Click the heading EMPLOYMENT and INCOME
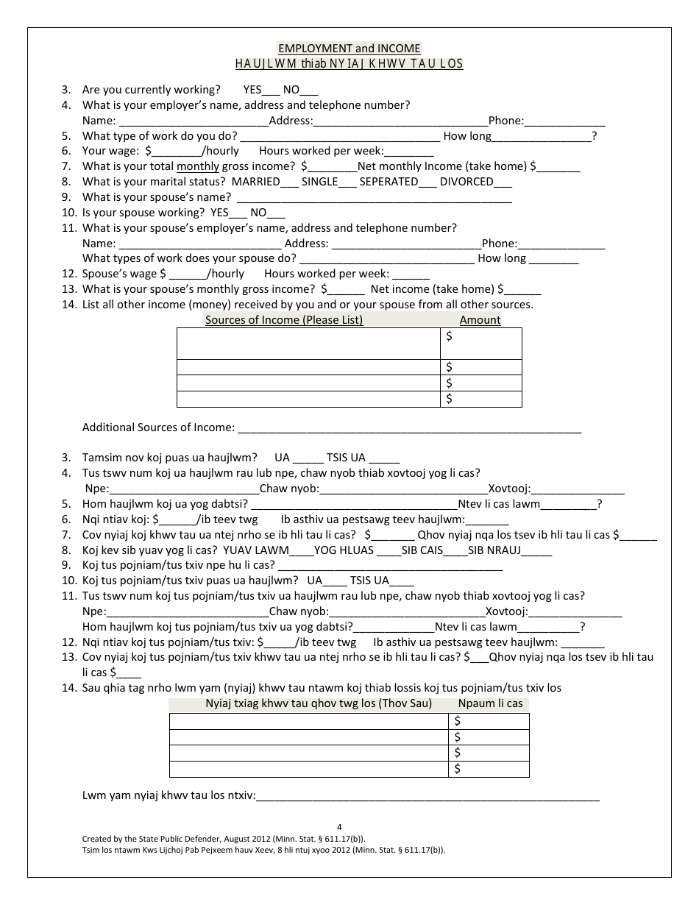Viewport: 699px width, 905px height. point(349,49)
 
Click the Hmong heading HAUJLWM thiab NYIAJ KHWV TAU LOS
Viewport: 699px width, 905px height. point(349,63)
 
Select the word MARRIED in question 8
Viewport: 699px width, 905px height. point(255,182)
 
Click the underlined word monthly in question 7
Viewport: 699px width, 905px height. point(198,166)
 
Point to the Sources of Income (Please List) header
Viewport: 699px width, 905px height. point(283,319)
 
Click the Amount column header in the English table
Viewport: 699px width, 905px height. point(480,319)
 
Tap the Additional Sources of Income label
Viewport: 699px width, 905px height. point(158,427)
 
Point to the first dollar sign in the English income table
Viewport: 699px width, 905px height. point(450,336)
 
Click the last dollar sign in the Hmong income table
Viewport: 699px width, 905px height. point(458,769)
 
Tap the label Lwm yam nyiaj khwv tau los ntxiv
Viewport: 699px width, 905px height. point(168,795)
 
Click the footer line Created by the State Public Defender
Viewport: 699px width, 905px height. point(223,838)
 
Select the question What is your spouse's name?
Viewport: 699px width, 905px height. point(157,196)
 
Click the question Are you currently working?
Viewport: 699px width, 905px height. point(151,90)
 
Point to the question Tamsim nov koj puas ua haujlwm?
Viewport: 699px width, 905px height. point(169,457)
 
